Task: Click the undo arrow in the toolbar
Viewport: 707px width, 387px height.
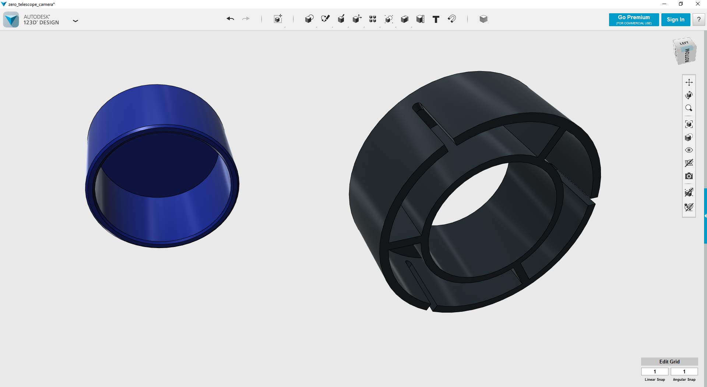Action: (x=231, y=19)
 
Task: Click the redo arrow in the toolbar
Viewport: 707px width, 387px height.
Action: (x=246, y=19)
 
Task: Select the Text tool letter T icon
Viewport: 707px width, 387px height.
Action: (x=436, y=19)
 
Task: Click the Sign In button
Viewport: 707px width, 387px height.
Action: (x=675, y=20)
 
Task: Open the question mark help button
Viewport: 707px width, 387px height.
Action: (x=699, y=20)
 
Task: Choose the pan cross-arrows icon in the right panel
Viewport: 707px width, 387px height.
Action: (x=689, y=82)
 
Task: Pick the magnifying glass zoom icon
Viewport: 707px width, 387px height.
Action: (x=689, y=108)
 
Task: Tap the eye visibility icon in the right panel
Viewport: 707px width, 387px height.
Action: (x=689, y=150)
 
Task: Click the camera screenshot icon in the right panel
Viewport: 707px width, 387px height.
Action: (x=689, y=176)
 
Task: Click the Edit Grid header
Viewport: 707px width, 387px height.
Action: (x=669, y=362)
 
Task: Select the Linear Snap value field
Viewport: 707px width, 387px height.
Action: (x=655, y=372)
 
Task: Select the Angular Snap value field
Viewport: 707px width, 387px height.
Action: (x=684, y=372)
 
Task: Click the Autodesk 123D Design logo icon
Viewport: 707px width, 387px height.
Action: (x=11, y=20)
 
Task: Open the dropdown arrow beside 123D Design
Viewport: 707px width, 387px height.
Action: (x=75, y=21)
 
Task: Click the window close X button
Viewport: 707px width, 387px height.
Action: (x=697, y=4)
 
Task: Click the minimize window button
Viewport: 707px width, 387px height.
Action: (x=664, y=4)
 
